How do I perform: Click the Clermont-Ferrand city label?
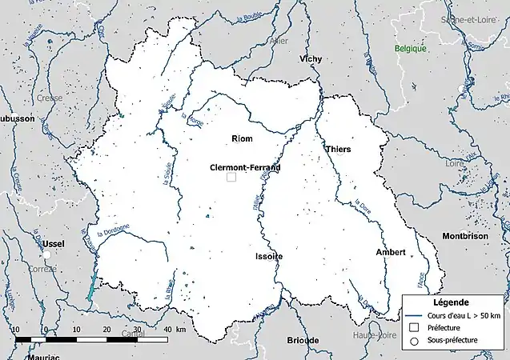[245, 168]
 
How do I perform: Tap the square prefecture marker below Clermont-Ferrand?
[231, 178]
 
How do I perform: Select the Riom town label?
[242, 139]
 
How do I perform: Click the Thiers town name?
[339, 150]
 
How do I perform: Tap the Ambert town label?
[391, 252]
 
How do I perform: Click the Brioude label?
[303, 341]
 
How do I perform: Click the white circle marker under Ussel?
[47, 254]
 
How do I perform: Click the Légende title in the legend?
[452, 302]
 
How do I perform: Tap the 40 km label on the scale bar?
[169, 330]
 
